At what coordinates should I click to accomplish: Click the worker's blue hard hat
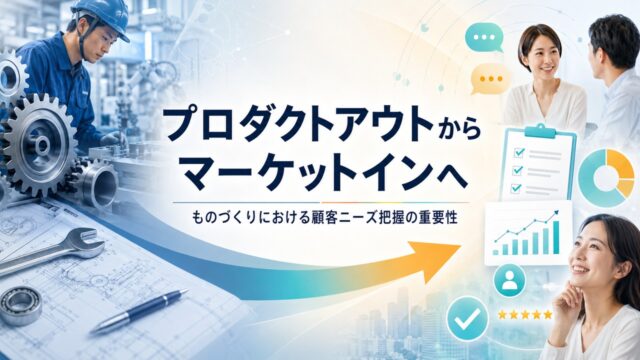[x=101, y=16]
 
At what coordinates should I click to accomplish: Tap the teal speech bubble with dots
[x=484, y=38]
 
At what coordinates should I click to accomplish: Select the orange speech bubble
[x=489, y=79]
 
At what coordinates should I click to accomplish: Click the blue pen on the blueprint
[x=139, y=312]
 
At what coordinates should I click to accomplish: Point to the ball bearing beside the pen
[x=20, y=306]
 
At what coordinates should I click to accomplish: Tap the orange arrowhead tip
[x=461, y=246]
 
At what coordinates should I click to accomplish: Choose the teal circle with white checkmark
[x=467, y=319]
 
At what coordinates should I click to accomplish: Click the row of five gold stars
[x=525, y=315]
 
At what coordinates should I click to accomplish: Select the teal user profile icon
[x=509, y=280]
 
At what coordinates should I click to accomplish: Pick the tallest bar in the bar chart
[x=556, y=237]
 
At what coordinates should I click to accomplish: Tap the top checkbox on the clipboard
[x=519, y=152]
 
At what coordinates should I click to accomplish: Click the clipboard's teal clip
[x=540, y=131]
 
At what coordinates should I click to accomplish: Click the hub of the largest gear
[x=41, y=145]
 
